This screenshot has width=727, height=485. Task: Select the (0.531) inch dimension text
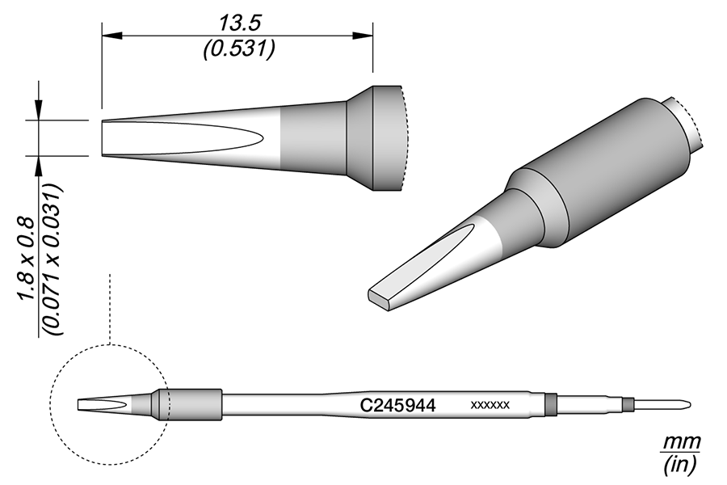point(237,49)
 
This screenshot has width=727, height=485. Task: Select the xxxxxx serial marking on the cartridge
point(490,406)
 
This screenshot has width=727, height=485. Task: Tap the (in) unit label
point(680,466)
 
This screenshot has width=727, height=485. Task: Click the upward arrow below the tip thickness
point(38,162)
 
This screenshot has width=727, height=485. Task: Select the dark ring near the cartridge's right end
point(551,404)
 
